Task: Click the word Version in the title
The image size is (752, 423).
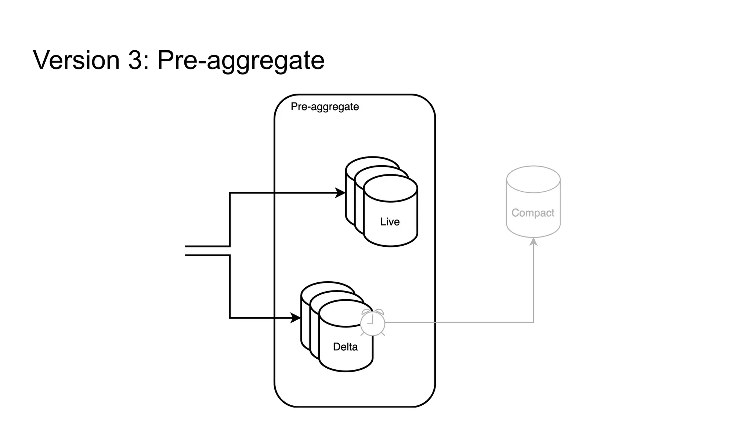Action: (x=76, y=60)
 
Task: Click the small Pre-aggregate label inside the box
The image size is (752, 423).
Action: (x=325, y=107)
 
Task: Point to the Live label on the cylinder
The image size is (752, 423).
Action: (x=390, y=222)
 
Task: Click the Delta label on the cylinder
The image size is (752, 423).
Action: (x=345, y=347)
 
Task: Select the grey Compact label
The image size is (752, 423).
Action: (x=533, y=213)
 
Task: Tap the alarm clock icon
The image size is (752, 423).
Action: (x=372, y=323)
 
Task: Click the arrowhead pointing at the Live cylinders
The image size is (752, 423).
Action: (x=340, y=193)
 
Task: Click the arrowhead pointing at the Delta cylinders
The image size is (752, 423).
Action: (x=296, y=318)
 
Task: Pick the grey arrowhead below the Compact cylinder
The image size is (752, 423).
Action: (x=534, y=242)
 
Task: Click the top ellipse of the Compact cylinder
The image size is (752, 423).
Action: (x=533, y=179)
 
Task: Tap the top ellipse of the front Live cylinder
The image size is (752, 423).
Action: (x=390, y=188)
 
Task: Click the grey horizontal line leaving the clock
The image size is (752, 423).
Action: (x=459, y=322)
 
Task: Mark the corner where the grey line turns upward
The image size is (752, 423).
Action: (x=533, y=322)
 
